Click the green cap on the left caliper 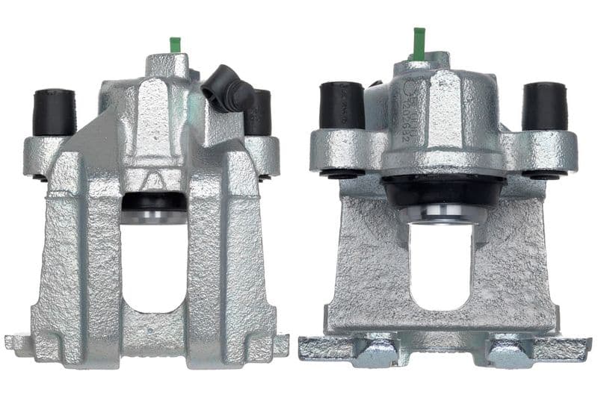click(176, 45)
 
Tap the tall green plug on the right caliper click(419, 43)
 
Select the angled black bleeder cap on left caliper click(227, 87)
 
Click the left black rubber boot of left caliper click(55, 112)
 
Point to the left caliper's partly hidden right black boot click(259, 112)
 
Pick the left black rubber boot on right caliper click(342, 105)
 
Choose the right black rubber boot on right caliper click(544, 106)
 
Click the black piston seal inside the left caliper click(154, 202)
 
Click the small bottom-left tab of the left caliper click(18, 343)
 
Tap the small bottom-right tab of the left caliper click(281, 344)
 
